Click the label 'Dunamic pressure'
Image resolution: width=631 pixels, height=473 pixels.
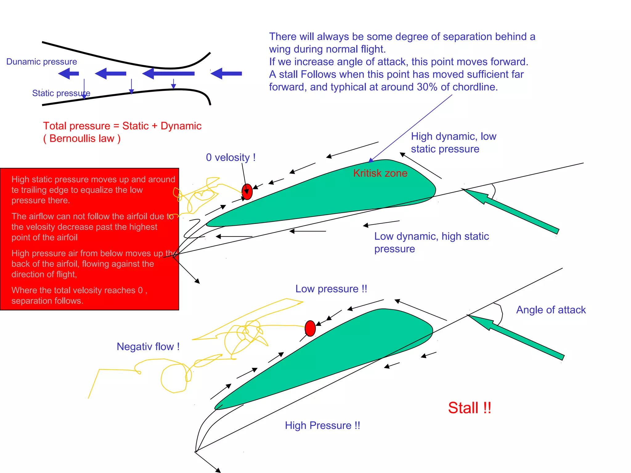click(42, 62)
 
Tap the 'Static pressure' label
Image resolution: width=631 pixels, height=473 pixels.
click(61, 93)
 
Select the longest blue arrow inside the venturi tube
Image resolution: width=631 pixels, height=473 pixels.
click(169, 74)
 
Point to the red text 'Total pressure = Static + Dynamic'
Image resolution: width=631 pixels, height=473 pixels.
click(122, 126)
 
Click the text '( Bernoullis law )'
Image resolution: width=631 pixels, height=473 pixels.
click(82, 139)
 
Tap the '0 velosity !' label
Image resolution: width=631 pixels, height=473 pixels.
click(230, 158)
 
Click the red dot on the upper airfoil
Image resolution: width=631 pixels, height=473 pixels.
click(247, 192)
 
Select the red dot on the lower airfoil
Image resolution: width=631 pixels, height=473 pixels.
click(310, 328)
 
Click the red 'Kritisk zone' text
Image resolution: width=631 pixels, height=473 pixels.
click(380, 173)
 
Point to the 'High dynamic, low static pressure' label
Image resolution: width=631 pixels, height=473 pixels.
click(453, 143)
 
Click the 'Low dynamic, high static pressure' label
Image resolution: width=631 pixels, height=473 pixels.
click(431, 242)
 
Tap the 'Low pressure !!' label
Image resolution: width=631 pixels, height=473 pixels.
click(331, 289)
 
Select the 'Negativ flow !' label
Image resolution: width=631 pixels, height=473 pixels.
click(148, 347)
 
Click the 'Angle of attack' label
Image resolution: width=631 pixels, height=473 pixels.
click(551, 310)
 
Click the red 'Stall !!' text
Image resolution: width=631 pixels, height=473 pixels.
click(469, 408)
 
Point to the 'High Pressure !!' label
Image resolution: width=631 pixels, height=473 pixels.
click(322, 426)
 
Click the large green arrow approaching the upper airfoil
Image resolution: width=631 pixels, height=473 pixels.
click(511, 211)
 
